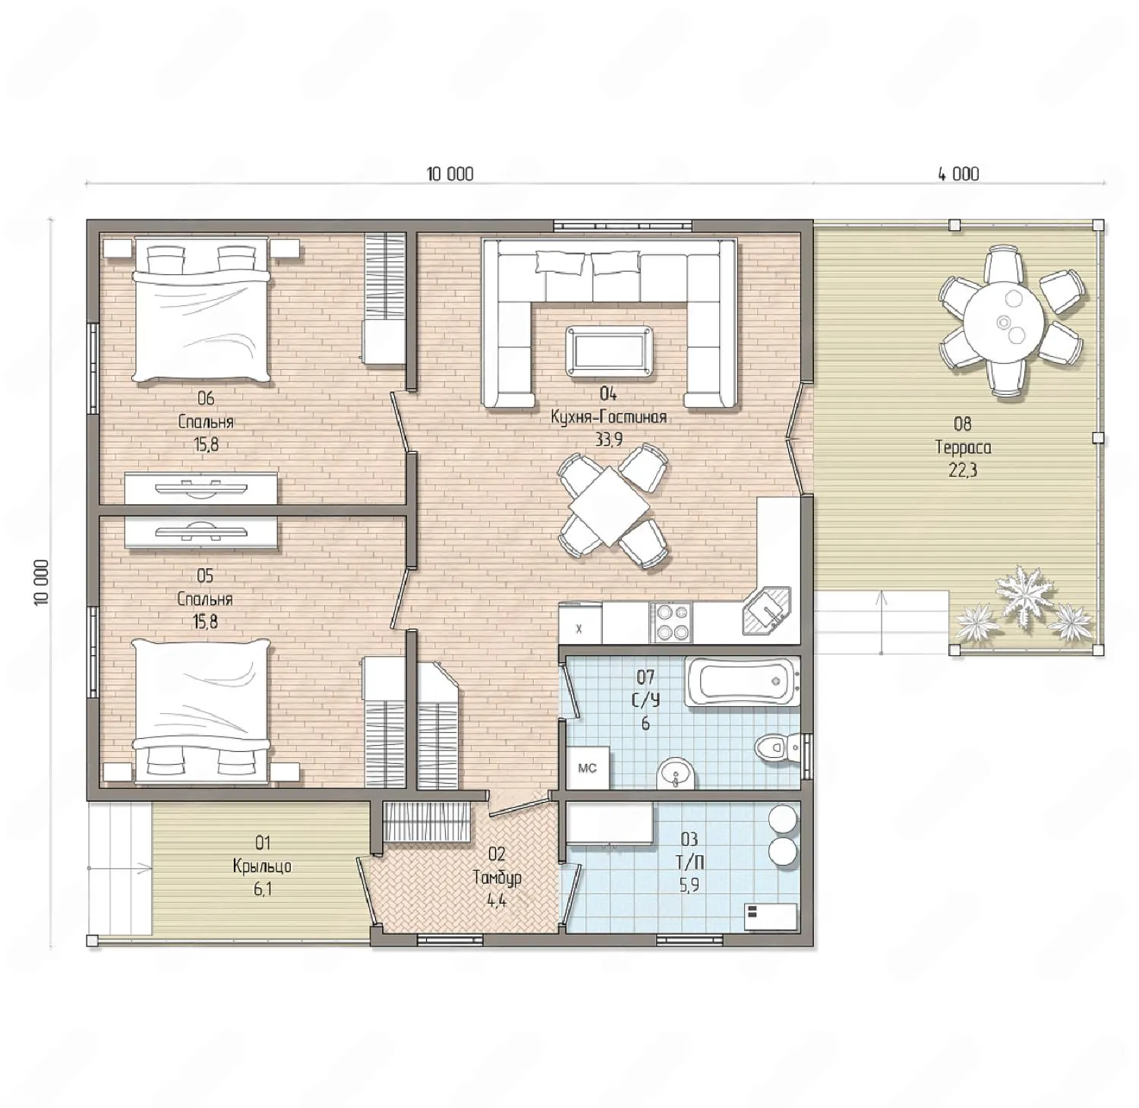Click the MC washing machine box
[x=587, y=769]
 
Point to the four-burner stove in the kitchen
[x=671, y=623]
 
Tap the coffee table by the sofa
[x=609, y=349]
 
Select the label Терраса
[x=963, y=447]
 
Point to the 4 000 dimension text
[x=958, y=174]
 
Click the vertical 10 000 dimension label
[x=42, y=582]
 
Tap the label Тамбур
[x=497, y=878]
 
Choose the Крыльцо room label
[x=263, y=866]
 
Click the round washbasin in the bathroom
[x=674, y=773]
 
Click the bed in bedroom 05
[x=201, y=711]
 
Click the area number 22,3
[x=963, y=470]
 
